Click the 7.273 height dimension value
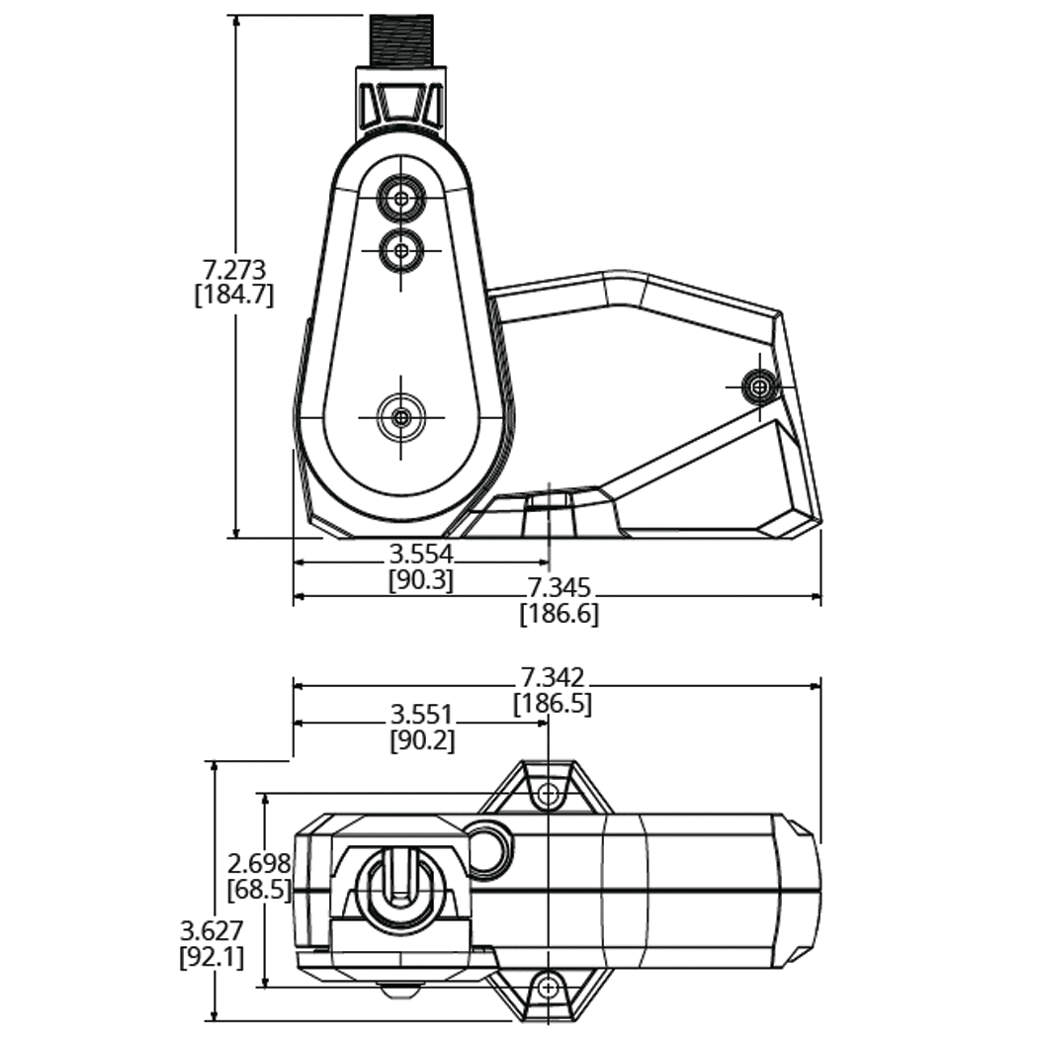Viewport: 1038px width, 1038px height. pos(235,269)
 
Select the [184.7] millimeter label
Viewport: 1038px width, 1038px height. pos(234,295)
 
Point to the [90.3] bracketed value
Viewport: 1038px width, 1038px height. pos(421,579)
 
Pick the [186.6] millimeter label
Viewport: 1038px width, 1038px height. pos(560,614)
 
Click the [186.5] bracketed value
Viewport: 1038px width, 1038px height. pos(553,703)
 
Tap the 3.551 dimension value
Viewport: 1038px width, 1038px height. pos(421,714)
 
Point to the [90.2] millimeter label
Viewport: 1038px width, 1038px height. pos(421,739)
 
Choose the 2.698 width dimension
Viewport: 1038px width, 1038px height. pos(260,864)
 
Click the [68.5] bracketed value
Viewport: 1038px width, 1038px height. pos(259,889)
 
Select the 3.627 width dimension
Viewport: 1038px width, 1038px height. pos(212,931)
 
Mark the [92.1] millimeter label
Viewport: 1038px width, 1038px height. pos(212,957)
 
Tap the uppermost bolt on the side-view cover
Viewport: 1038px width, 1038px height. pos(400,198)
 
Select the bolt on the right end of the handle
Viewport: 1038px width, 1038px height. pos(759,386)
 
